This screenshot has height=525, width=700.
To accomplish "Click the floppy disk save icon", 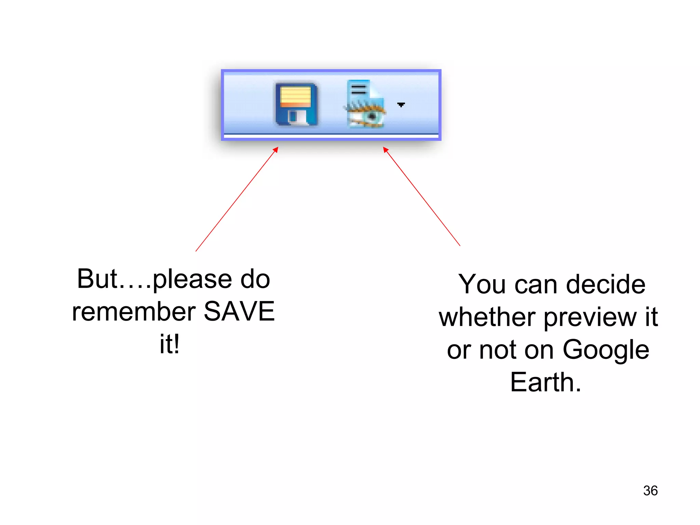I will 296,104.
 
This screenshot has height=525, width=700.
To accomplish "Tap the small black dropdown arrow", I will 401,105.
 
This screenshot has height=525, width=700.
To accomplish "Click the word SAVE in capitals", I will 239,311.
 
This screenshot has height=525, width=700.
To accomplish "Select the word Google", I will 606,350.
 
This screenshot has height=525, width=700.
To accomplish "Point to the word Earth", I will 545,382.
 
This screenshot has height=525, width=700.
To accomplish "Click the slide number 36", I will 650,491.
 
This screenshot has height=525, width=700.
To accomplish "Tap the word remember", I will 134,312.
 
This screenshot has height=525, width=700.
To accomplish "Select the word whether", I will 487,317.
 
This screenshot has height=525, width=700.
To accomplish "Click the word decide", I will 606,284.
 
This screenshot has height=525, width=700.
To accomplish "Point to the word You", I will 482,284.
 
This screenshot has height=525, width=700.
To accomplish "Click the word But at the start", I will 97,279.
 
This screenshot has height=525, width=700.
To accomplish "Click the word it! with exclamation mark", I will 170,344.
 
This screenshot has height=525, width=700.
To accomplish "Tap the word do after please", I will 255,279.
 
